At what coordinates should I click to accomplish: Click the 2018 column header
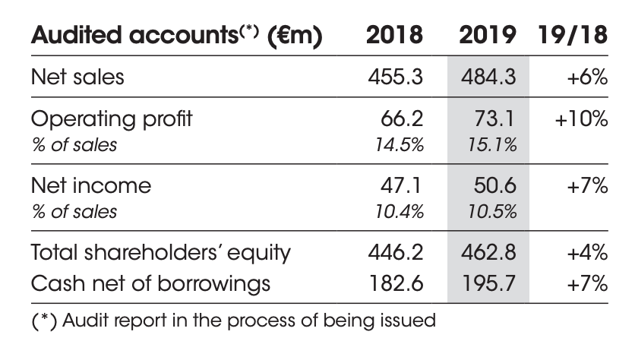(x=395, y=36)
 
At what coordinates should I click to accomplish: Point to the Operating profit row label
(x=111, y=119)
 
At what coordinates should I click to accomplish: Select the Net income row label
(x=91, y=185)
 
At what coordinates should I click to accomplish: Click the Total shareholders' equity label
(x=160, y=251)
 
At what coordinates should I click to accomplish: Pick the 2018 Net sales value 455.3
(x=396, y=77)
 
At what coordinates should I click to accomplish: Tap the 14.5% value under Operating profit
(x=400, y=144)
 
